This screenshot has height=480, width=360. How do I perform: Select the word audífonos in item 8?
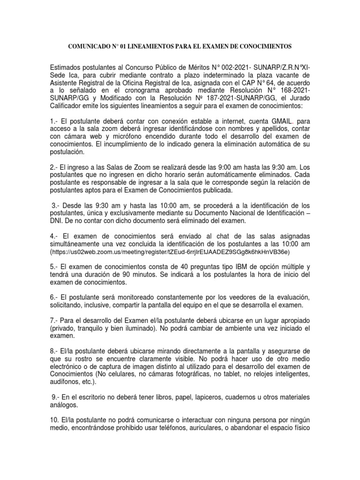pos(65,382)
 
